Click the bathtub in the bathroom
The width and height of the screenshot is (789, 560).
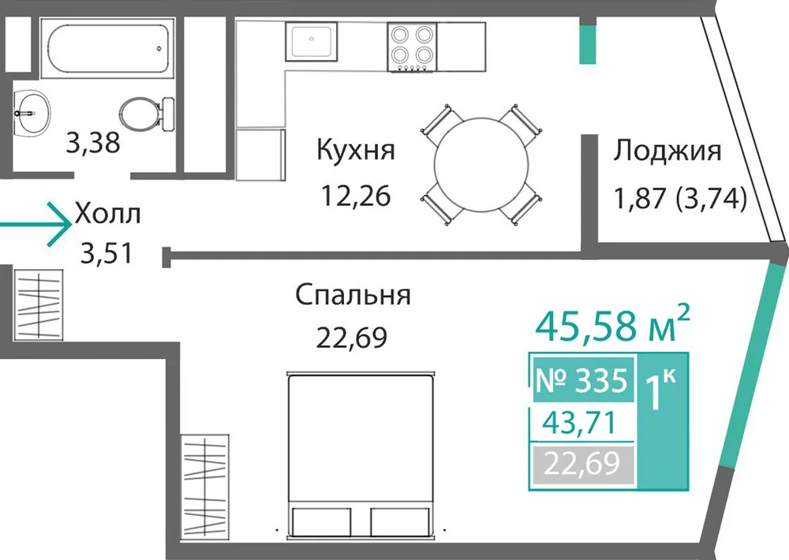pyautogui.click(x=107, y=48)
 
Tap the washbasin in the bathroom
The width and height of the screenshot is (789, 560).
pyautogui.click(x=31, y=114)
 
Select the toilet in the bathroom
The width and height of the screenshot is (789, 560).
pyautogui.click(x=147, y=114)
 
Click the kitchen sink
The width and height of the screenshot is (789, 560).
pyautogui.click(x=312, y=41)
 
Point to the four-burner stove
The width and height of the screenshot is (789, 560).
pyautogui.click(x=412, y=47)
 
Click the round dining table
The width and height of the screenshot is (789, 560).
pyautogui.click(x=481, y=165)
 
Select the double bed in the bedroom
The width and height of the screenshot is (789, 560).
pyautogui.click(x=361, y=456)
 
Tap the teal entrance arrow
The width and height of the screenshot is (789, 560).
pyautogui.click(x=36, y=224)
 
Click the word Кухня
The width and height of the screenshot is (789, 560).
pyautogui.click(x=356, y=150)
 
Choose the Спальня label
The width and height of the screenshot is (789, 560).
pyautogui.click(x=353, y=295)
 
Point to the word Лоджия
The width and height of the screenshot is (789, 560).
pyautogui.click(x=667, y=151)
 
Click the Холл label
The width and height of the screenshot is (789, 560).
pyautogui.click(x=107, y=214)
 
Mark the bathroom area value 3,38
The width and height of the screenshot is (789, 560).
pyautogui.click(x=93, y=143)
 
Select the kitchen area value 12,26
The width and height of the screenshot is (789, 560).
pyautogui.click(x=356, y=196)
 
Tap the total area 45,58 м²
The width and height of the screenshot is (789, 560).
pyautogui.click(x=612, y=323)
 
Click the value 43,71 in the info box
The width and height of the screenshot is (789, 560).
pyautogui.click(x=579, y=423)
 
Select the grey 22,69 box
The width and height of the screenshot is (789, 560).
pyautogui.click(x=582, y=464)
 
